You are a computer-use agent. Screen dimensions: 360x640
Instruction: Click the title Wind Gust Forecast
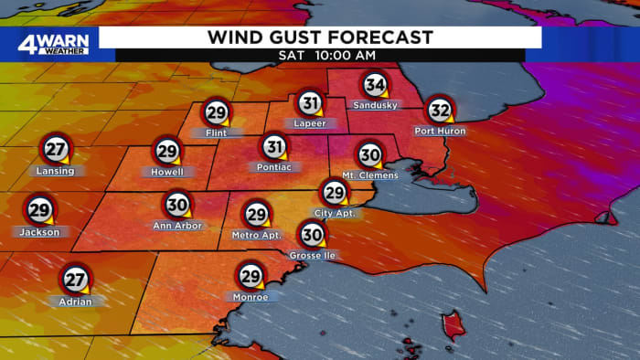[320, 37]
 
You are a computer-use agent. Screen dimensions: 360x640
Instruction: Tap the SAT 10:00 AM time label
[320, 56]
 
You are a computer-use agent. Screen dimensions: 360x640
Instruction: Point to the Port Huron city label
[440, 132]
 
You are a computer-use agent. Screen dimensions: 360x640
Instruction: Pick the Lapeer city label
[311, 123]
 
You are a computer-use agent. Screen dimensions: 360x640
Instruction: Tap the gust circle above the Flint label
[217, 111]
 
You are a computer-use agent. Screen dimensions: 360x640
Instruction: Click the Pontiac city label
[274, 167]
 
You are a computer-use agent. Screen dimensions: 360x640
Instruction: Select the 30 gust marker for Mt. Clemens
[370, 154]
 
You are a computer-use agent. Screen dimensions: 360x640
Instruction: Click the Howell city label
[167, 172]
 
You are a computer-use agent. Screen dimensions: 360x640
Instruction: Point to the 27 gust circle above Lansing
[55, 149]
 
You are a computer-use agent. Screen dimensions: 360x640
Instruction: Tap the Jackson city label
[39, 231]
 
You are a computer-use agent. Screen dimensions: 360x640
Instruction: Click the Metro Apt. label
[256, 235]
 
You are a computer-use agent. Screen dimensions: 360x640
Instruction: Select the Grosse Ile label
[313, 256]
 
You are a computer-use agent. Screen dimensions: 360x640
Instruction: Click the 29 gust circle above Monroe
[251, 275]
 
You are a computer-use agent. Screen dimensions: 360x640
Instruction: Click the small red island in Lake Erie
[450, 322]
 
